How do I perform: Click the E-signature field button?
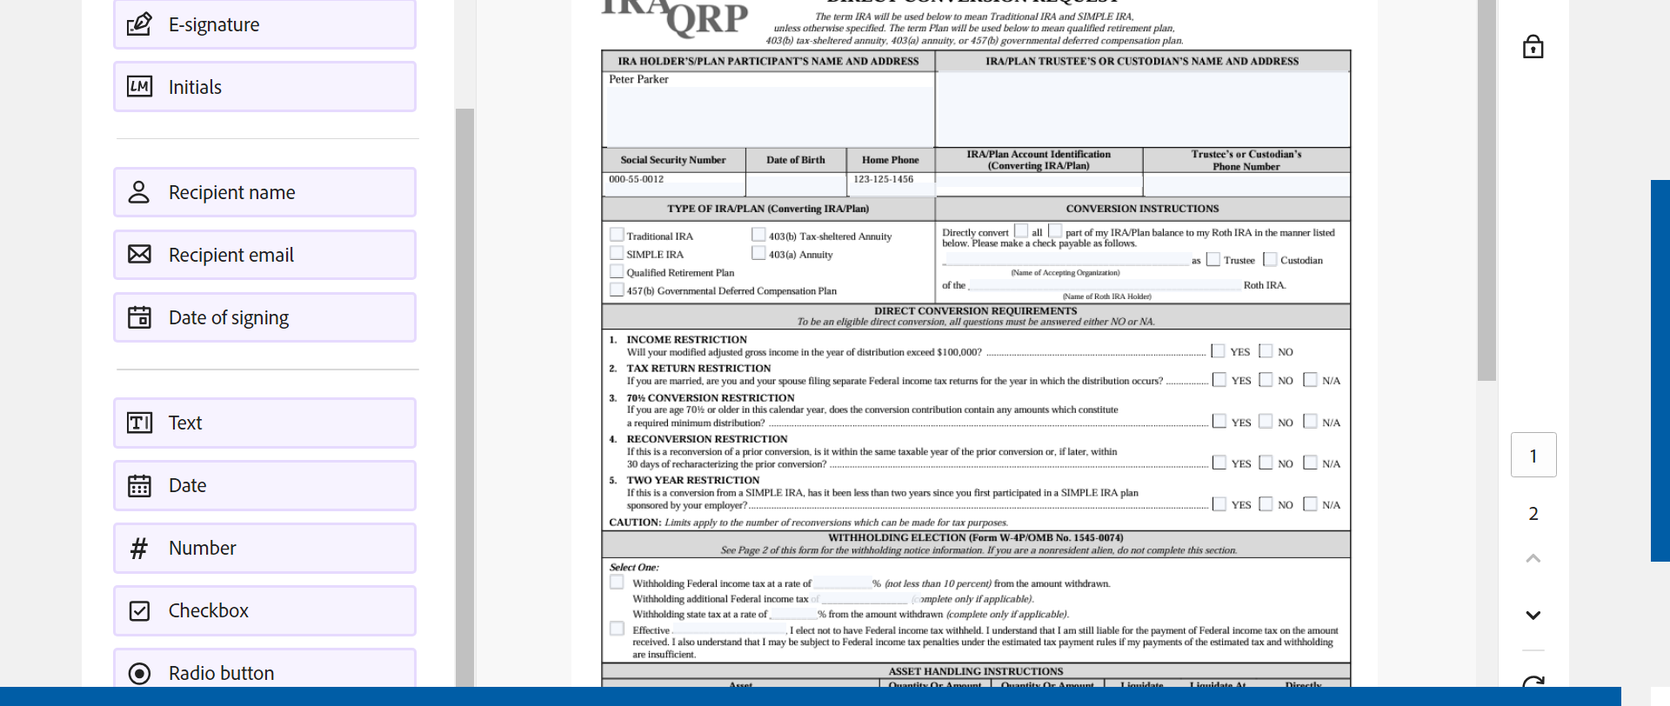point(264,25)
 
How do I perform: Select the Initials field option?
point(264,87)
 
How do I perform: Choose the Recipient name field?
point(264,192)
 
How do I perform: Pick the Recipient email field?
point(264,255)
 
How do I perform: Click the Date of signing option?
point(264,317)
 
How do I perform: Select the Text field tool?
point(264,423)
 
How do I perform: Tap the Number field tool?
point(264,548)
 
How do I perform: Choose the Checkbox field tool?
point(264,610)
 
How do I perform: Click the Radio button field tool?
point(264,671)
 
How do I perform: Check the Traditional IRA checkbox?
point(617,235)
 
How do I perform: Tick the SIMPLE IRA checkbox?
point(617,253)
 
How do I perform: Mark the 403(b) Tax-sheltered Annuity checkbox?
point(758,235)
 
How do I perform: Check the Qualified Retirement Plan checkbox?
point(617,271)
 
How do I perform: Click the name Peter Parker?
point(638,79)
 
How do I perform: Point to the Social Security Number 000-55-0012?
point(636,179)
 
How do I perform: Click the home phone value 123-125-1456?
point(883,179)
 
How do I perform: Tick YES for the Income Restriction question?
point(1218,351)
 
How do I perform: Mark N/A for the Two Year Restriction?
point(1310,504)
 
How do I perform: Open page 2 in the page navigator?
point(1533,514)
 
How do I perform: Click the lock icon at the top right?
point(1533,47)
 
